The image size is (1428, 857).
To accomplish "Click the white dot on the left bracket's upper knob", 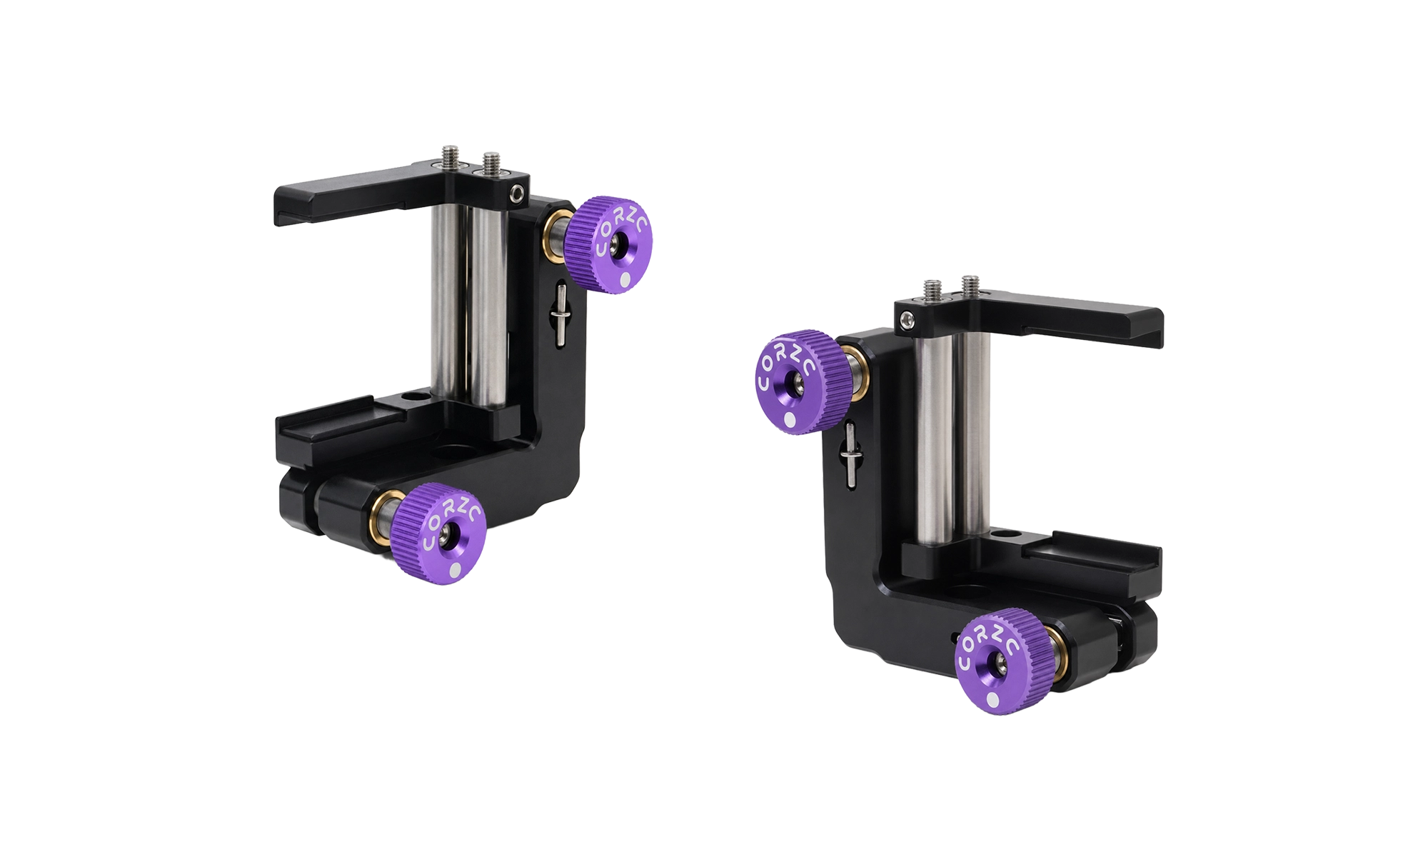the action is coord(626,282).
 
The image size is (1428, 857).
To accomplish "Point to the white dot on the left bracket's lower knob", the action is coord(456,571).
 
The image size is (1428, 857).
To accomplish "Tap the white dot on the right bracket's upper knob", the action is coord(789,420).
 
